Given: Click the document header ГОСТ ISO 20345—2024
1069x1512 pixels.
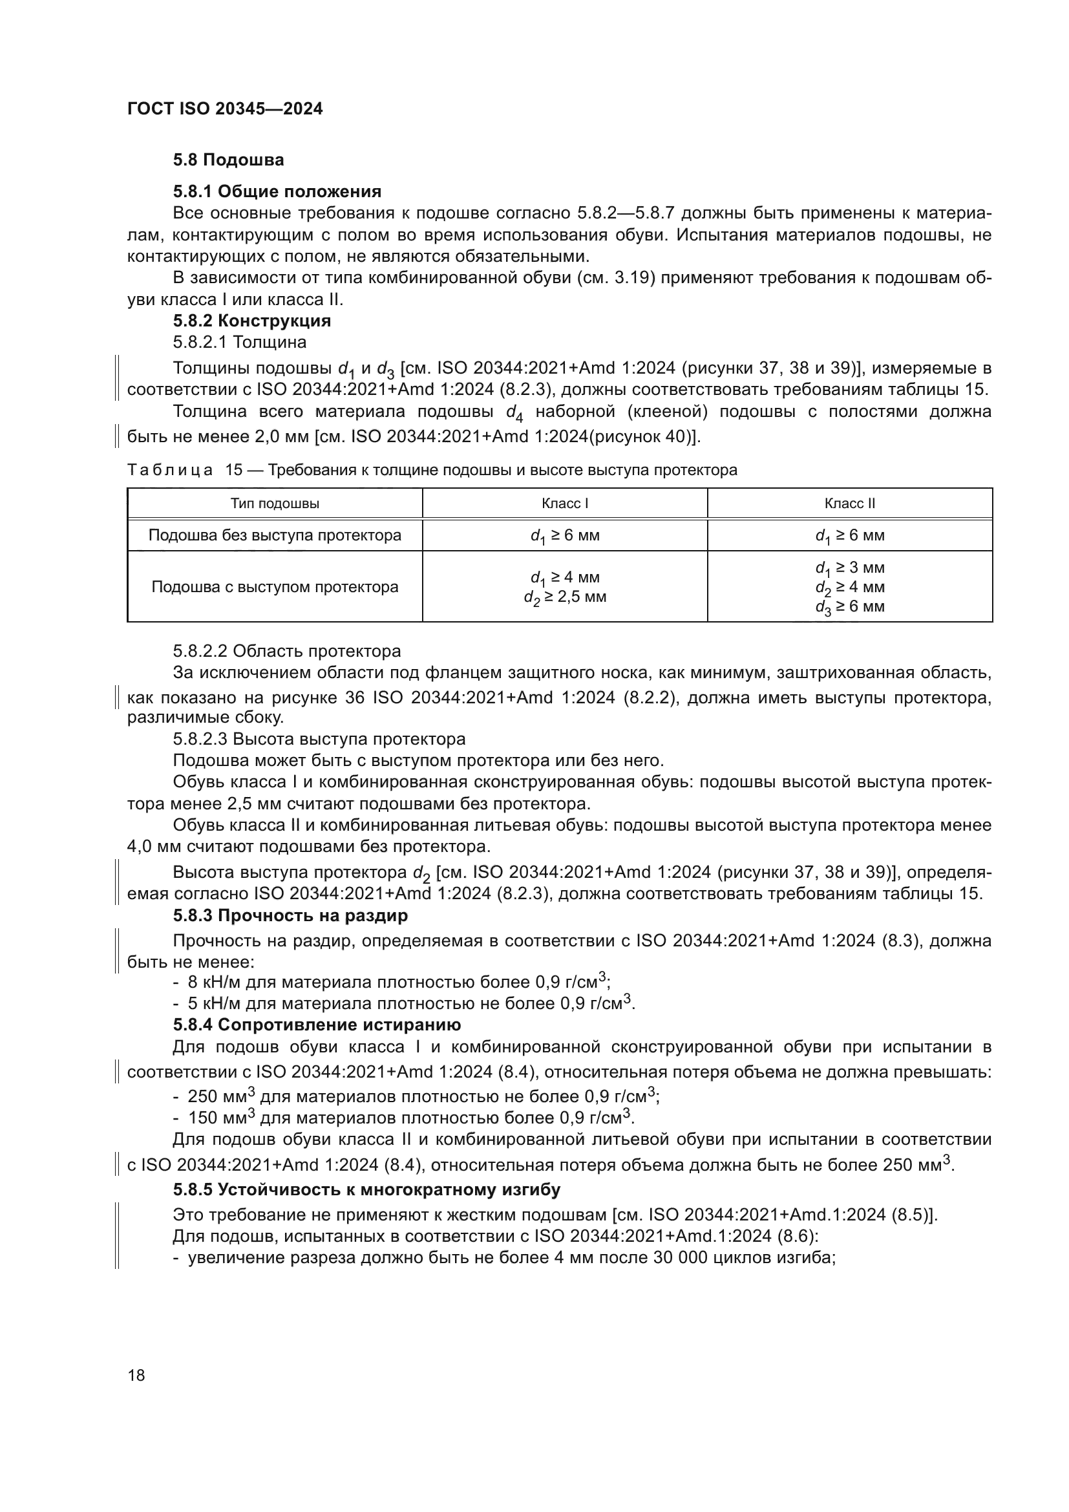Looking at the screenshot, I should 224,109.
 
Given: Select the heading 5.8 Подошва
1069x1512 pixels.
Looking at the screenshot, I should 228,160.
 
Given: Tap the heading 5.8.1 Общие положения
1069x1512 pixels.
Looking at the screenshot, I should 277,191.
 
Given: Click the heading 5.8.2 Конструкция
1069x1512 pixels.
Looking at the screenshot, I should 251,321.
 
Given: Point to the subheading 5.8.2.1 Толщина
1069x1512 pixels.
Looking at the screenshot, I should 240,343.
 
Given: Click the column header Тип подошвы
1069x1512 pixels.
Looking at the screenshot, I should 275,504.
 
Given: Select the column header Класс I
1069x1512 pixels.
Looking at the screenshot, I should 565,504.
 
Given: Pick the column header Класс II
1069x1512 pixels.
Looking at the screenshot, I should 850,504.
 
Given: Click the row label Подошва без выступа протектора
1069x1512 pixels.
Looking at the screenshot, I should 275,535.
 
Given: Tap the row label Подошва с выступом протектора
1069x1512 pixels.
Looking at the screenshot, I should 275,587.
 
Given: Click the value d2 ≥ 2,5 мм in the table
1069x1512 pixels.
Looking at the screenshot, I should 565,597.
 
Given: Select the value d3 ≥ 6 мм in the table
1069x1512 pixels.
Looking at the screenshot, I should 850,606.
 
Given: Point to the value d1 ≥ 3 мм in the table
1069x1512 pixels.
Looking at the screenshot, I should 850,568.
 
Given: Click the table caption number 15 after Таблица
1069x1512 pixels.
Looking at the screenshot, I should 234,470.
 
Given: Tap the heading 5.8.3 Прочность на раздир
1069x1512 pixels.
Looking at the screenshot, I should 290,915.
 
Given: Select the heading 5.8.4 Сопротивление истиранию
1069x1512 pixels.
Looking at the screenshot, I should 317,1025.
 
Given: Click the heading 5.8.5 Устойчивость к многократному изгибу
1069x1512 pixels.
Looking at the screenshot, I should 366,1190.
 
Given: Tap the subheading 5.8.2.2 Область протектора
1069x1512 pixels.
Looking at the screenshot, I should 287,652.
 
